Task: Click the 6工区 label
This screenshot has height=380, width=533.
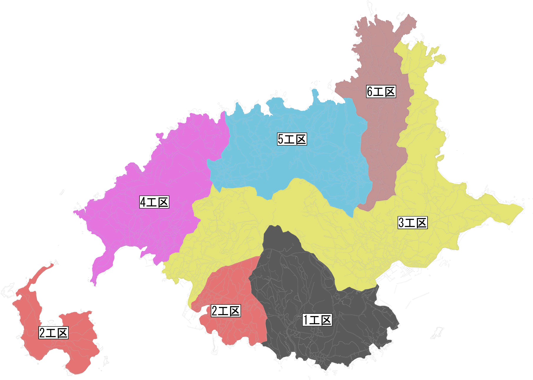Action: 381,92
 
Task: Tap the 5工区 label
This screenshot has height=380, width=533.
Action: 292,139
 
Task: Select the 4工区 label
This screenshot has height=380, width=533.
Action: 154,202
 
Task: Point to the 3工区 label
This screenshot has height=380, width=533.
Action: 412,223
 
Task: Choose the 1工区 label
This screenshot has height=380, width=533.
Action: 317,320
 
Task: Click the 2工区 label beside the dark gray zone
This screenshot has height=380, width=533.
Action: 226,311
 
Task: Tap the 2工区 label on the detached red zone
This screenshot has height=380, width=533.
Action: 54,333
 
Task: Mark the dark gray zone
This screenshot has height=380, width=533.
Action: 294,289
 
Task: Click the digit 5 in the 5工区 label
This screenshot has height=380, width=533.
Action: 281,139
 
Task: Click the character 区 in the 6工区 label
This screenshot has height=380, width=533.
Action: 390,92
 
